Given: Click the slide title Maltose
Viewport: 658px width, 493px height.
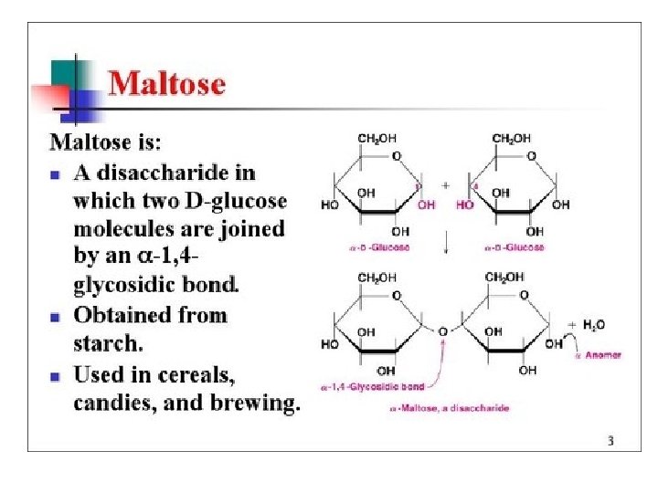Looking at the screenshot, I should (166, 85).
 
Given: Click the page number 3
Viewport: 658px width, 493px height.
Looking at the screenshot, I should (610, 442).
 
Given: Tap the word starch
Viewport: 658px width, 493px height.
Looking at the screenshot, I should (107, 344).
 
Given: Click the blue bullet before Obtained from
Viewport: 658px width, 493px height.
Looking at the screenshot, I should (56, 316).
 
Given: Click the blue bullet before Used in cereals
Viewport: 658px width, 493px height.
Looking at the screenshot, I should (56, 374).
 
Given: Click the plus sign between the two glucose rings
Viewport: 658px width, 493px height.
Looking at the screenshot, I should (445, 184).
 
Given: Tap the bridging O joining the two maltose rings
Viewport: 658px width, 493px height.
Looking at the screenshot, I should (441, 331).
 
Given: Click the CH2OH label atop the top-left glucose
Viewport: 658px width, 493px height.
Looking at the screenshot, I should (377, 139).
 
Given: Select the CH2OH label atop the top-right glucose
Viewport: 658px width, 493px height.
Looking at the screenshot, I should (511, 139).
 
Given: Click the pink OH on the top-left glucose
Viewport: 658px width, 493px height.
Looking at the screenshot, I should (427, 205).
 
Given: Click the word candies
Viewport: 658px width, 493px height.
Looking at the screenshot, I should (110, 403).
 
